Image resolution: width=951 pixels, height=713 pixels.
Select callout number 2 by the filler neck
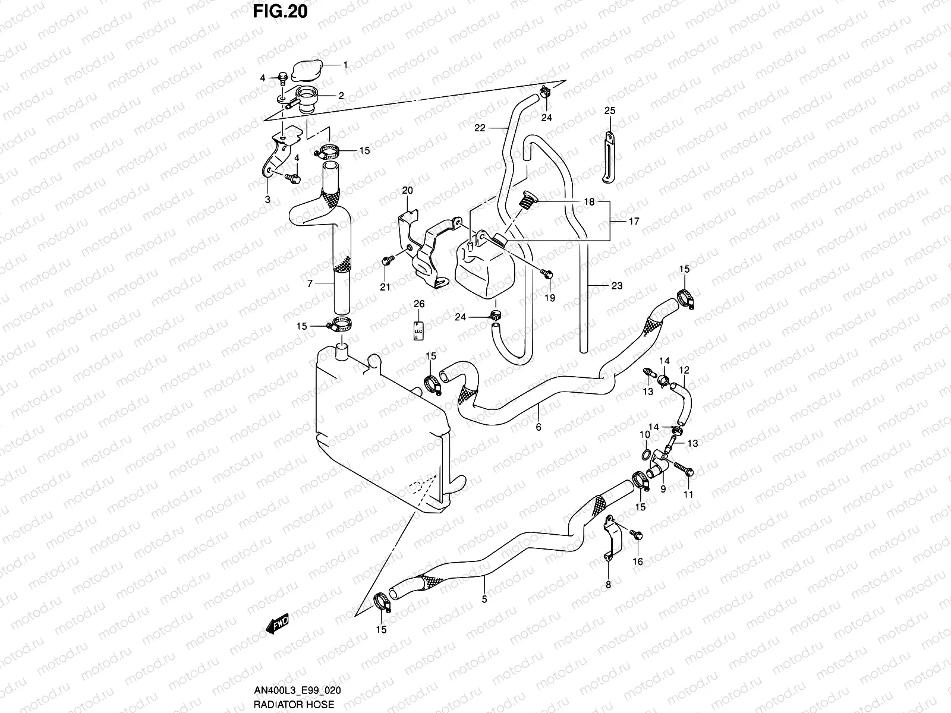tap(341, 95)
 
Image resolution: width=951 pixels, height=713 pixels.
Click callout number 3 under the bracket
tap(267, 200)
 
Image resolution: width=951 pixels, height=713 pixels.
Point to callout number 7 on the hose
tap(310, 284)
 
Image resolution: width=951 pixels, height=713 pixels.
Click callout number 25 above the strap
tap(610, 111)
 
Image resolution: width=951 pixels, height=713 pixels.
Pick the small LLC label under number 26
tap(418, 331)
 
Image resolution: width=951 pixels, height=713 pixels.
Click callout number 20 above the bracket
tap(407, 191)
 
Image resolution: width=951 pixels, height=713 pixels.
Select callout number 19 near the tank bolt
tap(550, 298)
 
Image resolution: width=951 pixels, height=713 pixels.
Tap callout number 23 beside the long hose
tap(616, 286)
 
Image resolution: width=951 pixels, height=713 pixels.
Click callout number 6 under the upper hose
tap(538, 427)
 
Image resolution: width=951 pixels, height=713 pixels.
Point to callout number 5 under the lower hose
tap(484, 600)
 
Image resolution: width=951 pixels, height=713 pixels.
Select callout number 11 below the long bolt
tap(688, 494)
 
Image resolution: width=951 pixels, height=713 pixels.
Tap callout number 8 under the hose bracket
tap(608, 585)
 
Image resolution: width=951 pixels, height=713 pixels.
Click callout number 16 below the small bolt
tap(638, 561)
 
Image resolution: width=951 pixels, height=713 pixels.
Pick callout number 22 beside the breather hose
tap(480, 128)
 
